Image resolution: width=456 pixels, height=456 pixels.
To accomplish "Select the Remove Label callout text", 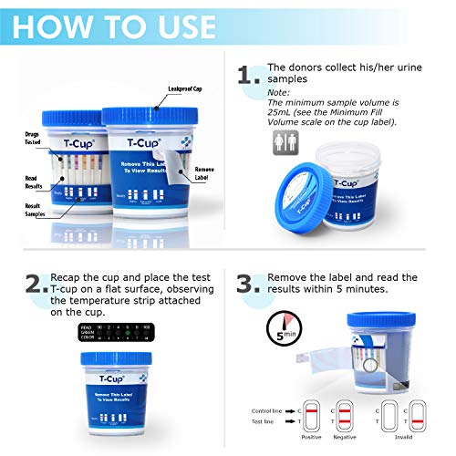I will click(x=206, y=174).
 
